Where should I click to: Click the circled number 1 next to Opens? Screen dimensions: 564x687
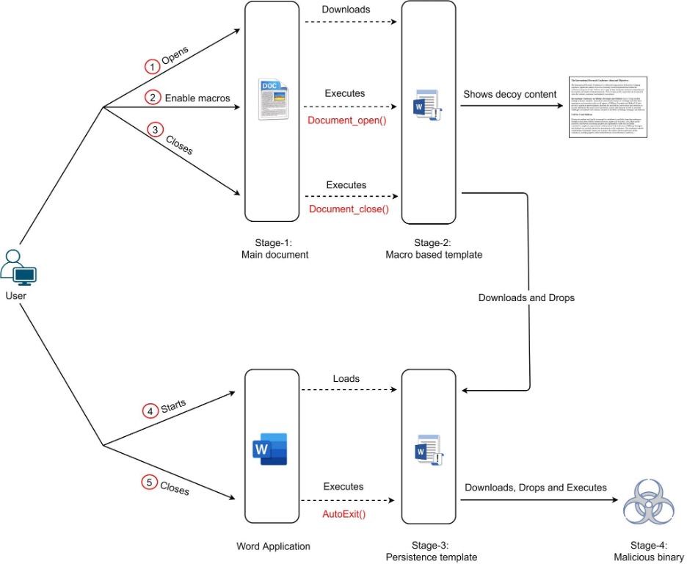coord(151,67)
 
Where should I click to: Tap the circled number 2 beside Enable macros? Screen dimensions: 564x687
coord(152,98)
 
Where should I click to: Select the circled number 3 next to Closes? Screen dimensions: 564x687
coord(155,129)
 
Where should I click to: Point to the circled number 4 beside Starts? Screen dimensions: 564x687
coord(150,411)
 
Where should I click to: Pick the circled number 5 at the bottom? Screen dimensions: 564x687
coord(148,482)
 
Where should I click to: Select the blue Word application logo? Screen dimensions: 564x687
coord(270,449)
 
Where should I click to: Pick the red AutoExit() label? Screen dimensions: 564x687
coord(344,513)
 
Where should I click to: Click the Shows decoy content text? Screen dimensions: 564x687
coord(509,94)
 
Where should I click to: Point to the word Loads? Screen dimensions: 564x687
coord(346,379)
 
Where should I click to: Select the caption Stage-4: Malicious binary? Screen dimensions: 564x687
coord(649,552)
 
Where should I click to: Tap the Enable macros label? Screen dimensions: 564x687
coord(197,98)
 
